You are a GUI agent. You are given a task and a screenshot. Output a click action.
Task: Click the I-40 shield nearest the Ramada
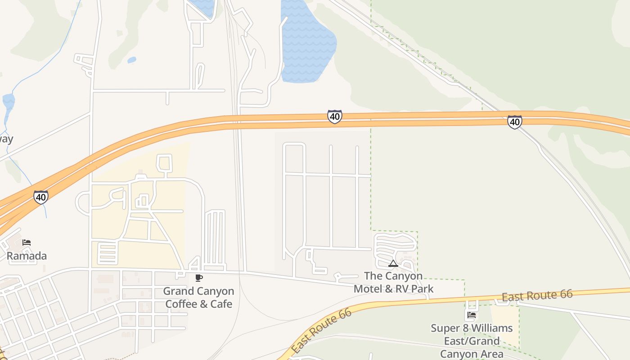pyautogui.click(x=40, y=197)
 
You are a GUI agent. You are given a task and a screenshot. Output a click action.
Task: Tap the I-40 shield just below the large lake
pyautogui.click(x=334, y=117)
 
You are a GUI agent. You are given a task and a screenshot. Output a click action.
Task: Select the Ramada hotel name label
pyautogui.click(x=27, y=256)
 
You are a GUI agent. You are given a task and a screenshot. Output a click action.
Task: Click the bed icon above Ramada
pyautogui.click(x=27, y=243)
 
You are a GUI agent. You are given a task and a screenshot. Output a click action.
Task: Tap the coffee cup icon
pyautogui.click(x=199, y=278)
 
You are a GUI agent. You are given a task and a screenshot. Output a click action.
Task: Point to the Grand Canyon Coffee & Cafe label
pyautogui.click(x=198, y=297)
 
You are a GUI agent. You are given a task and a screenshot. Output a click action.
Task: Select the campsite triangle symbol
pyautogui.click(x=393, y=264)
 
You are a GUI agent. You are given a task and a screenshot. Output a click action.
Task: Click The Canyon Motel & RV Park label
pyautogui.click(x=393, y=282)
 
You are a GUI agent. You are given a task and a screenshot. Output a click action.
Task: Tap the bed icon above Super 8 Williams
pyautogui.click(x=472, y=315)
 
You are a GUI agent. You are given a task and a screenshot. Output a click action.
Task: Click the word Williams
pyautogui.click(x=492, y=328)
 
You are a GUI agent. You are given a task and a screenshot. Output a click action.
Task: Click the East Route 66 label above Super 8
pyautogui.click(x=537, y=296)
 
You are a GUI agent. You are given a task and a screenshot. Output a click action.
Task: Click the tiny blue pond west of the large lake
pyautogui.click(x=132, y=60)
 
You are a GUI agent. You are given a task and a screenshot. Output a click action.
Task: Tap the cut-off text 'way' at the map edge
pyautogui.click(x=6, y=139)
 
